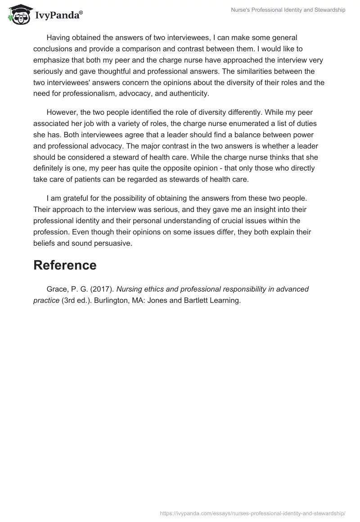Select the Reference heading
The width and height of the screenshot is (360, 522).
click(x=65, y=265)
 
